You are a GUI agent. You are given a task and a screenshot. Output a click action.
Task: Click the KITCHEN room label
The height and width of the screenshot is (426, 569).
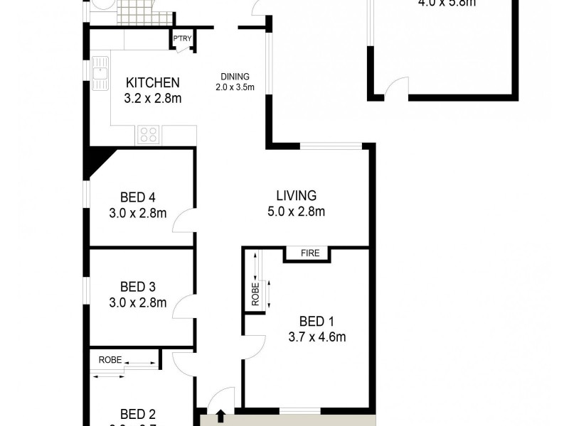[x=152, y=82]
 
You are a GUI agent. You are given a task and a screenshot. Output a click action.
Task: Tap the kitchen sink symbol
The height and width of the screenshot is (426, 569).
[x=99, y=71]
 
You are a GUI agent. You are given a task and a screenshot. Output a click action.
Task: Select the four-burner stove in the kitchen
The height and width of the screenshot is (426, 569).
[x=148, y=133]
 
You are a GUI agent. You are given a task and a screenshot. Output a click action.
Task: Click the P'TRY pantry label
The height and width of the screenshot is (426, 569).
[x=182, y=38]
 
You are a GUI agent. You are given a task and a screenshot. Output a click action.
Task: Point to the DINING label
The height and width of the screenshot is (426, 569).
[x=234, y=77]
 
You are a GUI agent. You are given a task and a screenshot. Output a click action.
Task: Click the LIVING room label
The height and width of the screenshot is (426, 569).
[x=296, y=195]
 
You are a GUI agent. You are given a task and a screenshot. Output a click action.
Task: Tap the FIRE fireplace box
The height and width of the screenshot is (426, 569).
[x=307, y=253]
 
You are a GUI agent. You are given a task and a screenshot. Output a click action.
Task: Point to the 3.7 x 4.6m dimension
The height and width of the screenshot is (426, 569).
[x=316, y=337]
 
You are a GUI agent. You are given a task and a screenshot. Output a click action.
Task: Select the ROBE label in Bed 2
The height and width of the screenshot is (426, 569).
[x=110, y=360]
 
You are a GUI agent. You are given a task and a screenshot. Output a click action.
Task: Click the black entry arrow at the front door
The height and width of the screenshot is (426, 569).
[x=220, y=415]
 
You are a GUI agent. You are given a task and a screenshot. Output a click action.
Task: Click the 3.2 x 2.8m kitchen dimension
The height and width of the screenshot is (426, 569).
[x=152, y=99]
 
